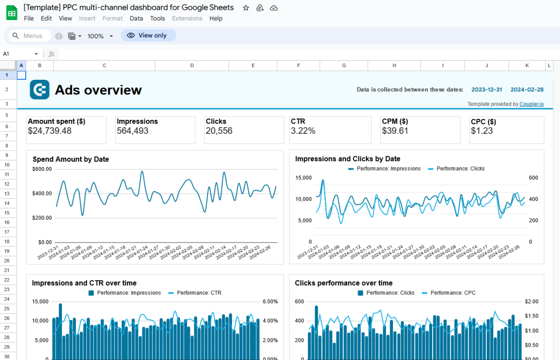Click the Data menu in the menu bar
point(136,19)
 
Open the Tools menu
point(157,19)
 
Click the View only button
point(148,35)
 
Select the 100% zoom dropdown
point(100,36)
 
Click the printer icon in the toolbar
point(59,36)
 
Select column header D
point(192,66)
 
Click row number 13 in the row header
point(7,194)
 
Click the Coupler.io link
point(532,104)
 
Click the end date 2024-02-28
point(527,90)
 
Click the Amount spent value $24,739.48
point(50,131)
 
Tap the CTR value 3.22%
point(303,131)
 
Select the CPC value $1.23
point(482,131)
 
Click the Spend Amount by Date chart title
point(70,159)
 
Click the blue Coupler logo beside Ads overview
point(40,90)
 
